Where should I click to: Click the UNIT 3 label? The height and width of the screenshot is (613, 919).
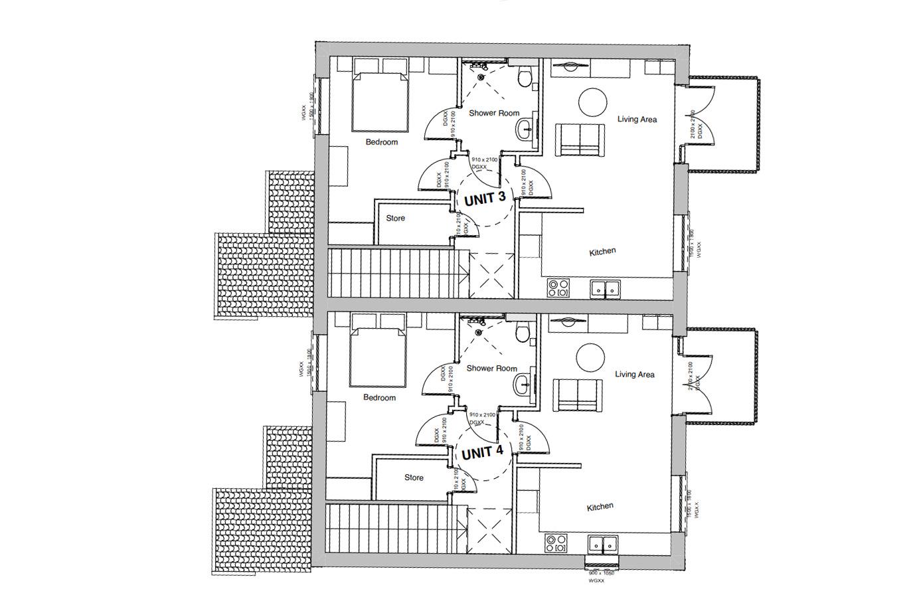pyautogui.click(x=485, y=198)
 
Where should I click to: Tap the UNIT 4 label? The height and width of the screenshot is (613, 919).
pyautogui.click(x=482, y=453)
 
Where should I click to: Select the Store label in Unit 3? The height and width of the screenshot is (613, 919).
pyautogui.click(x=395, y=219)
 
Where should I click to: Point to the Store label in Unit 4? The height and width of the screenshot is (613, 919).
pyautogui.click(x=414, y=478)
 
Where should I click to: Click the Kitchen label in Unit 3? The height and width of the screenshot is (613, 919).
pyautogui.click(x=602, y=252)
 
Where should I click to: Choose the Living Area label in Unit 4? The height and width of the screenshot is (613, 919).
pyautogui.click(x=634, y=375)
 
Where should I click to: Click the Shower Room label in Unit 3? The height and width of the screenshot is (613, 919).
pyautogui.click(x=494, y=113)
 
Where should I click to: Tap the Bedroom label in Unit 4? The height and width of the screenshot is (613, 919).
pyautogui.click(x=379, y=398)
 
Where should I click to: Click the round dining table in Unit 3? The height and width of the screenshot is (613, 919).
pyautogui.click(x=593, y=103)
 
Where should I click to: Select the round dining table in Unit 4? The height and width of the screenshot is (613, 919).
pyautogui.click(x=590, y=358)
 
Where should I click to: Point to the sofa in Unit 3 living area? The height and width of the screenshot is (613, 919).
pyautogui.click(x=580, y=139)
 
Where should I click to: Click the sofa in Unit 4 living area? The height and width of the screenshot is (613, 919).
pyautogui.click(x=578, y=395)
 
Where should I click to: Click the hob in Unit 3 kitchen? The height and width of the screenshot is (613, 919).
pyautogui.click(x=558, y=288)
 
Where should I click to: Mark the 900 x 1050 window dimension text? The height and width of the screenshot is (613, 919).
pyautogui.click(x=601, y=572)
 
